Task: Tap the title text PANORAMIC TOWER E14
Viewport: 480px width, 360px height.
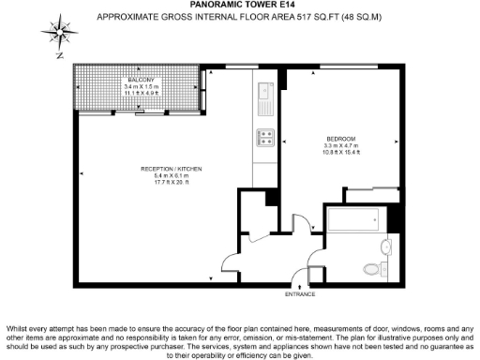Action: point(239,6)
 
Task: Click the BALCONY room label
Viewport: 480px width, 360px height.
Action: point(141,81)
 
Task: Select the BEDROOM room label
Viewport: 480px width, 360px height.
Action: point(341,140)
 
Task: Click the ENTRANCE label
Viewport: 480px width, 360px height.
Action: point(300,294)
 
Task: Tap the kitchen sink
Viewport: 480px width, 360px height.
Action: point(265,105)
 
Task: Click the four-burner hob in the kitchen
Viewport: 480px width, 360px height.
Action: point(265,138)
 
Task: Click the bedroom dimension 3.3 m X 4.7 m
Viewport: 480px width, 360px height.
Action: point(341,146)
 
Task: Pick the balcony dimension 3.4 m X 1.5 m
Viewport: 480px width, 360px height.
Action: point(141,87)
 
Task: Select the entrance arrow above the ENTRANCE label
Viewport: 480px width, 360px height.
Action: point(300,285)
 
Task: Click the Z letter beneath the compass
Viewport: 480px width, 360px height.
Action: point(59,55)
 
